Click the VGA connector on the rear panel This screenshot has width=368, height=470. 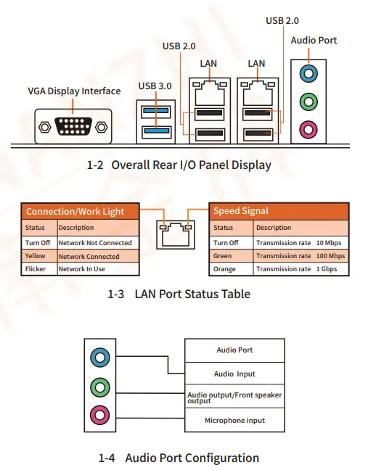click(x=73, y=125)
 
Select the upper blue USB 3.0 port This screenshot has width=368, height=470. click(x=155, y=111)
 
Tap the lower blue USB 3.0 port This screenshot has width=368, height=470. click(x=155, y=131)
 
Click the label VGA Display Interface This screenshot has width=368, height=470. click(x=74, y=91)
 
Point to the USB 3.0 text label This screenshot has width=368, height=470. click(x=155, y=86)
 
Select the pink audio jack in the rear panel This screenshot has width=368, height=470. click(x=309, y=131)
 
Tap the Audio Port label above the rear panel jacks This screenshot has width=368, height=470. click(x=314, y=41)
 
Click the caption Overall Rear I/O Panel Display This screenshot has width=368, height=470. click(x=179, y=165)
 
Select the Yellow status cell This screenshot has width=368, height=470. click(x=36, y=256)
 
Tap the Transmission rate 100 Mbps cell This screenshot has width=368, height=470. click(x=300, y=256)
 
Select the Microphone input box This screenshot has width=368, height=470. click(x=234, y=421)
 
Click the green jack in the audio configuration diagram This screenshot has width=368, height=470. click(x=99, y=387)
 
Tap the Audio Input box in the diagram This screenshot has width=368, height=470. click(x=234, y=374)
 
